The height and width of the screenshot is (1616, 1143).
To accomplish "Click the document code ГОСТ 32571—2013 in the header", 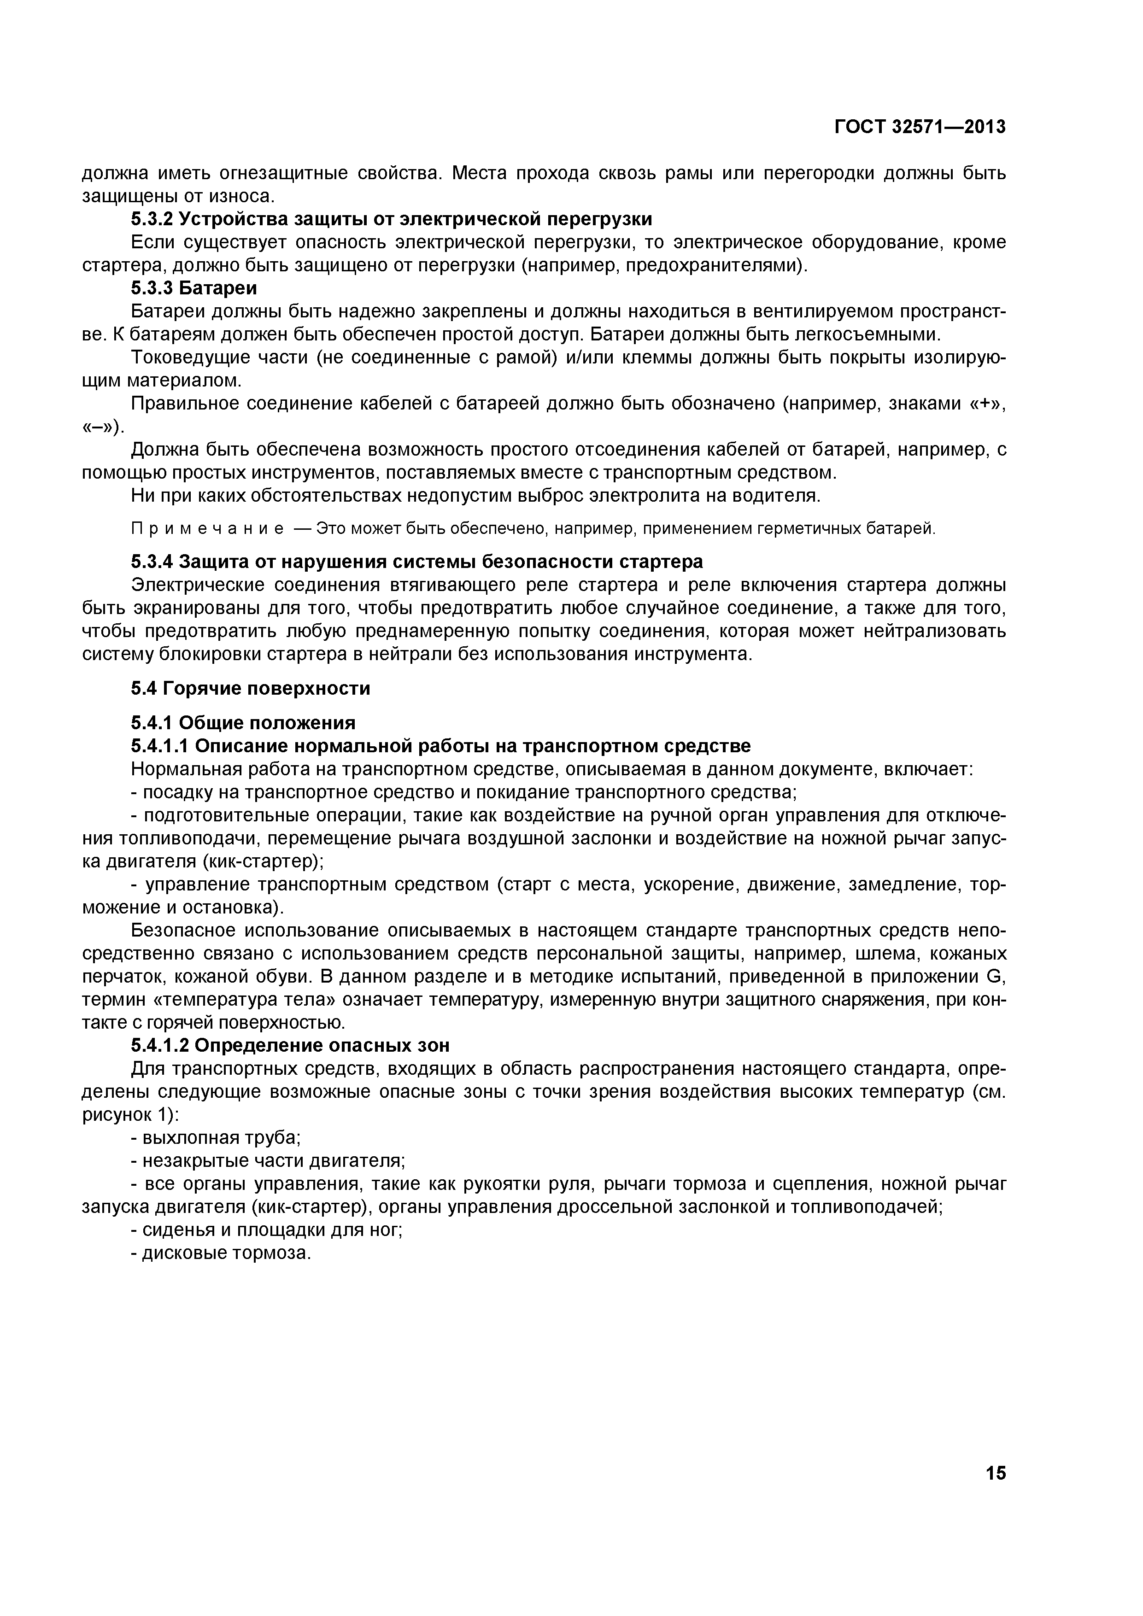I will (920, 127).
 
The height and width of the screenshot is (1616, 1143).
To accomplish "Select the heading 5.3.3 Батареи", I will (194, 288).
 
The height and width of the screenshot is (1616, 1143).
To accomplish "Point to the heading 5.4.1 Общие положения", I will (243, 722).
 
